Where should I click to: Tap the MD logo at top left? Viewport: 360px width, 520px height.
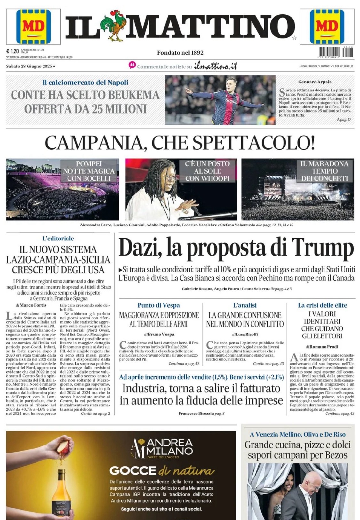pyautogui.click(x=33, y=27)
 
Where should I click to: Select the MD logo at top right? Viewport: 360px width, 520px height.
pyautogui.click(x=327, y=27)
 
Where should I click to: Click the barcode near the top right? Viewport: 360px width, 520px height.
pyautogui.click(x=336, y=52)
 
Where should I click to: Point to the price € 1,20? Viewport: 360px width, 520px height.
pyautogui.click(x=12, y=51)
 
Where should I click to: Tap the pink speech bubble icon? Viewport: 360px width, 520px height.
pyautogui.click(x=132, y=65)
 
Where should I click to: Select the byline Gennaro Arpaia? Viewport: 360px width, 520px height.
pyautogui.click(x=315, y=82)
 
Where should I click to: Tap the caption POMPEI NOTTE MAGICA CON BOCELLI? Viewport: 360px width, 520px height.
pyautogui.click(x=89, y=171)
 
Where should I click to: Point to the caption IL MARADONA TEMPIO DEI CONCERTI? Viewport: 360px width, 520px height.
pyautogui.click(x=324, y=171)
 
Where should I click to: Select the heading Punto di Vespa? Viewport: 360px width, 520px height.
pyautogui.click(x=159, y=305)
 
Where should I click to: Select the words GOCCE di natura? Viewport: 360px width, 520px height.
pyautogui.click(x=162, y=471)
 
